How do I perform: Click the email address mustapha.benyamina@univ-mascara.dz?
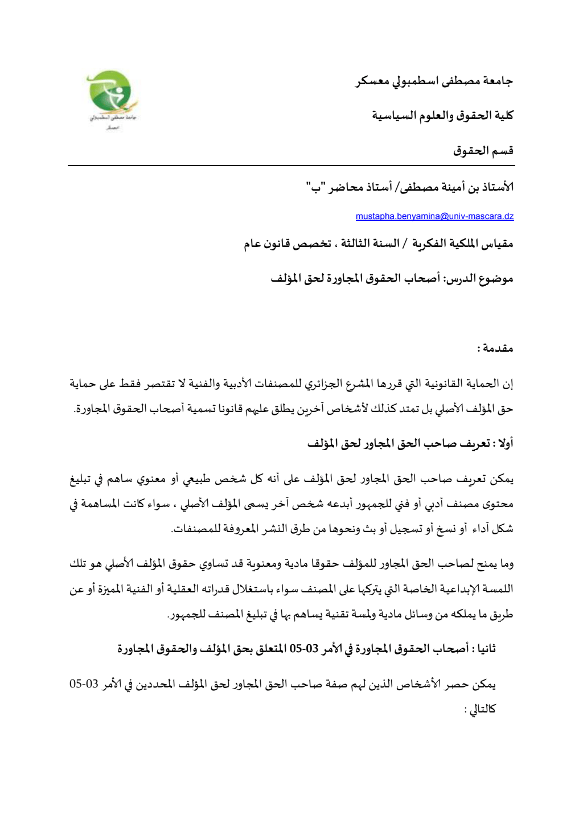tap(434, 217)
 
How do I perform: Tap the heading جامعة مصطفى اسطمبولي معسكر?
tap(434, 81)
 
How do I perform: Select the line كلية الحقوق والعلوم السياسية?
tap(443, 116)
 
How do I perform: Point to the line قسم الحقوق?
tap(483, 151)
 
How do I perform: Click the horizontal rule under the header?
tap(291, 166)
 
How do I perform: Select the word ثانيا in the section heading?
tap(484, 648)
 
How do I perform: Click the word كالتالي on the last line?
tap(484, 709)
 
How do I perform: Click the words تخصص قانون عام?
tap(288, 244)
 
